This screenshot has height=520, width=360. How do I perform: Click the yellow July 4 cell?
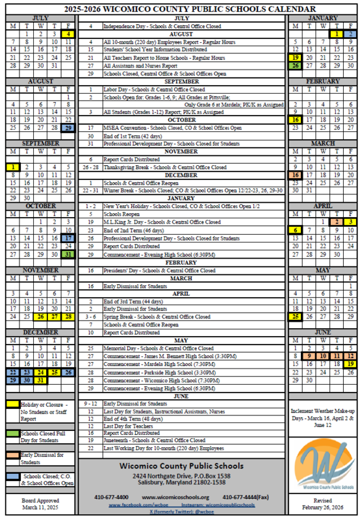(x=68, y=33)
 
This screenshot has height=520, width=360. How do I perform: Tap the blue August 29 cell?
(x=68, y=129)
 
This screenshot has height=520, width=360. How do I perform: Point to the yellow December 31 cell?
(x=40, y=380)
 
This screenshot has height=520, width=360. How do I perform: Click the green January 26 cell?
(x=295, y=66)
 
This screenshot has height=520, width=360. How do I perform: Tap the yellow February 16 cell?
(x=295, y=120)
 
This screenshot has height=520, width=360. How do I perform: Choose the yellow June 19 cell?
(x=350, y=364)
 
